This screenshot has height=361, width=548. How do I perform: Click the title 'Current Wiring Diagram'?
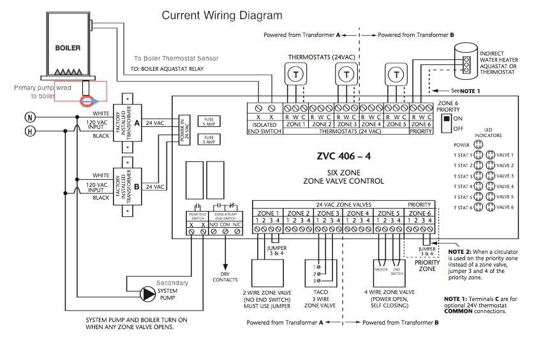[221, 15]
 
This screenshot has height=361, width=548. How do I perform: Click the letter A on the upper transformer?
[137, 122]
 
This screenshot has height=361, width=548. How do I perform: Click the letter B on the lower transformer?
[137, 187]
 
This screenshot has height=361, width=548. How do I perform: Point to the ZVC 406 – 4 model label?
[343, 155]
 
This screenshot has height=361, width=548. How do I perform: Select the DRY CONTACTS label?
[225, 277]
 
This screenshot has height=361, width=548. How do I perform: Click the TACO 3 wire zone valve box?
[319, 272]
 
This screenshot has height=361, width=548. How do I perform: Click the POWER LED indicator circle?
[482, 144]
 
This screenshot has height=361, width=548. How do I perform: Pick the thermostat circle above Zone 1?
[295, 75]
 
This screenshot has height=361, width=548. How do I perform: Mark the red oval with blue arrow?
[87, 100]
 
